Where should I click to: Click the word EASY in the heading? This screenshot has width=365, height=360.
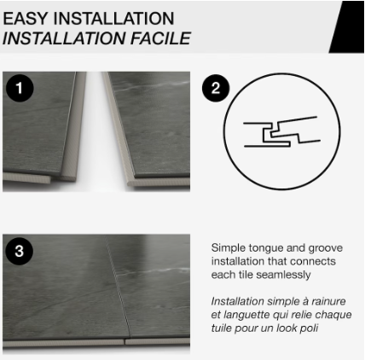[26, 18]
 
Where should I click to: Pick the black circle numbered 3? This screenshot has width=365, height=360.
[18, 251]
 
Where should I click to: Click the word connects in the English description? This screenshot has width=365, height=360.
[316, 261]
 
